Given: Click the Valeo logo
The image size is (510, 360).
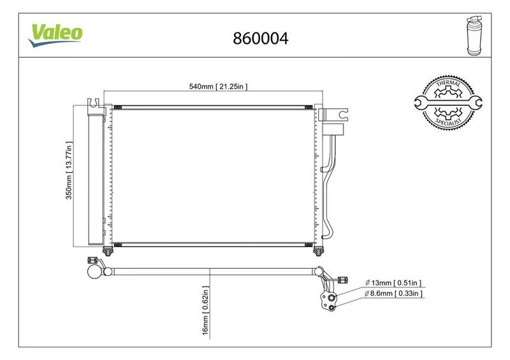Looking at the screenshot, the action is (55, 35).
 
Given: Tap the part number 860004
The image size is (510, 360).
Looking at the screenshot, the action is (261, 38).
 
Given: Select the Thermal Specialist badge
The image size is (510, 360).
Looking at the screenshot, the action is (448, 103).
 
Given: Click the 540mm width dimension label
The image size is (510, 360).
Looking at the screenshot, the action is (218, 87).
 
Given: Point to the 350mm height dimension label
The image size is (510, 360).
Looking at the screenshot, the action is (69, 170).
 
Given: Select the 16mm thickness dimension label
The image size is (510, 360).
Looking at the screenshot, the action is (205, 310).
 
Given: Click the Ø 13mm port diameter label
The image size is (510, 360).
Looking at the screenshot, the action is (393, 283).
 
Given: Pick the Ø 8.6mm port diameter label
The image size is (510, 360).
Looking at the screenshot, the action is (393, 293).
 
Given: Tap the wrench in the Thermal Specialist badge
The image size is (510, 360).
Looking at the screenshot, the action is (448, 103).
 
